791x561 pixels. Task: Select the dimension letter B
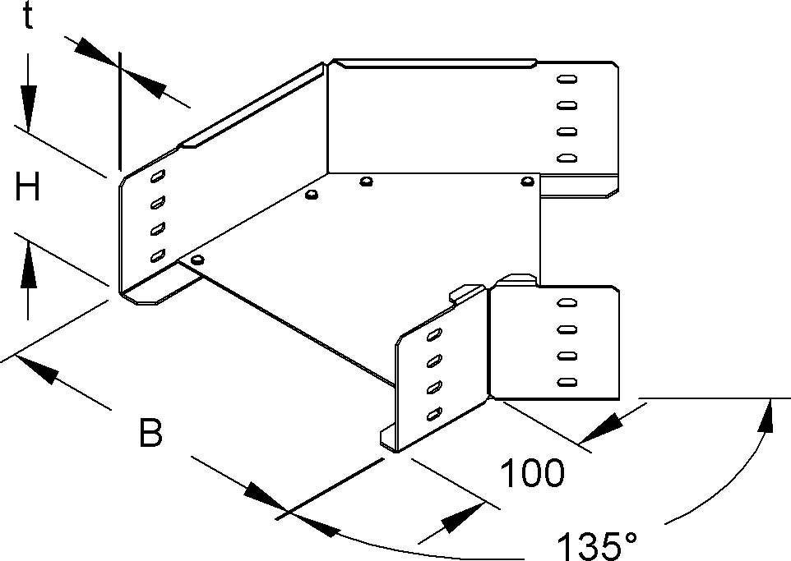point(150,433)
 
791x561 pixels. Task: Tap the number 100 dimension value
point(533,473)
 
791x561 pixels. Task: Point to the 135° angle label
point(596,545)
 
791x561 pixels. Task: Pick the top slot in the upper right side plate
point(566,80)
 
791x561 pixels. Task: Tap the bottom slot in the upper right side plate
point(565,157)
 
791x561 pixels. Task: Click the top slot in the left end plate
point(157,176)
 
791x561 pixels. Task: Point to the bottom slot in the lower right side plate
point(565,382)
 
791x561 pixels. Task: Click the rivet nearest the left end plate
point(196,260)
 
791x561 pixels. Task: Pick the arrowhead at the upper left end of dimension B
point(40,370)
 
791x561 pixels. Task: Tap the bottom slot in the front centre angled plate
point(433,415)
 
